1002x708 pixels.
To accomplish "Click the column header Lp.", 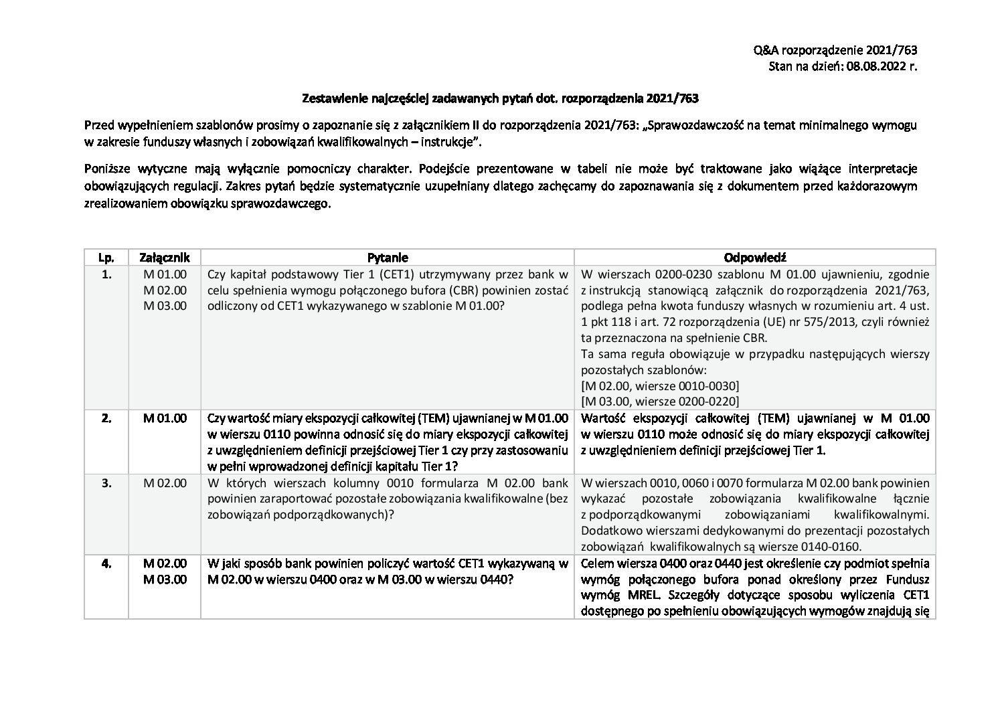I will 106,258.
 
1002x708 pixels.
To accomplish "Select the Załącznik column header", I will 165,258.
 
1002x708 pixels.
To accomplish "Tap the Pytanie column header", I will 388,258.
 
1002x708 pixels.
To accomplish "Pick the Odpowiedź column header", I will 754,258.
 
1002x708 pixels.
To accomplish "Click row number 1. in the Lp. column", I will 106,274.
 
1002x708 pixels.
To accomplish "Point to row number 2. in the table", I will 106,419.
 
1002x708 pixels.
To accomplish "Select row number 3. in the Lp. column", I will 106,483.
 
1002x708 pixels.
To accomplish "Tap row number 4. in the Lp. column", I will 106,563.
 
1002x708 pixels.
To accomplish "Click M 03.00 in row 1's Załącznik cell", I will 165,306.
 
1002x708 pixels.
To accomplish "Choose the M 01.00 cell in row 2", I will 165,419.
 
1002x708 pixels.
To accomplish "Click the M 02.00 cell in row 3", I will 165,483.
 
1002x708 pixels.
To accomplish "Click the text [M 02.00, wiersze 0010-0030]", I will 660,386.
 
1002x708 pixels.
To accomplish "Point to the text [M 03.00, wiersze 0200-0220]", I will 660,402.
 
